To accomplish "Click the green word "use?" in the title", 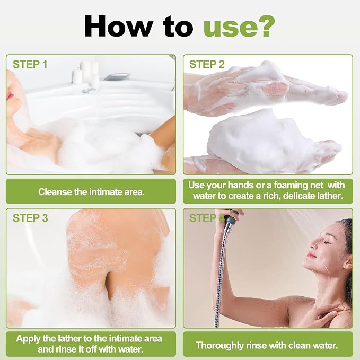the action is [x=239, y=27].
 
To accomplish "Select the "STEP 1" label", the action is [x=30, y=64].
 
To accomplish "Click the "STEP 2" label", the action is [x=207, y=64].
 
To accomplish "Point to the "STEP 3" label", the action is [x=30, y=218].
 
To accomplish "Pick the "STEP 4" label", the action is [x=207, y=218].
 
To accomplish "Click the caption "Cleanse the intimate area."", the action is [x=91, y=192].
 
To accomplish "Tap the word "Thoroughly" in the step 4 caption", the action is [x=219, y=346].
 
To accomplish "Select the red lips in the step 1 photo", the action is [x=10, y=95].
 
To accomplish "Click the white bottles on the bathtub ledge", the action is [x=85, y=72].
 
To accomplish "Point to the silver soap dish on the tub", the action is [x=117, y=77].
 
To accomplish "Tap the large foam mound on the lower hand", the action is [x=259, y=140].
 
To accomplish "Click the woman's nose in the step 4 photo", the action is [x=313, y=244].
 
